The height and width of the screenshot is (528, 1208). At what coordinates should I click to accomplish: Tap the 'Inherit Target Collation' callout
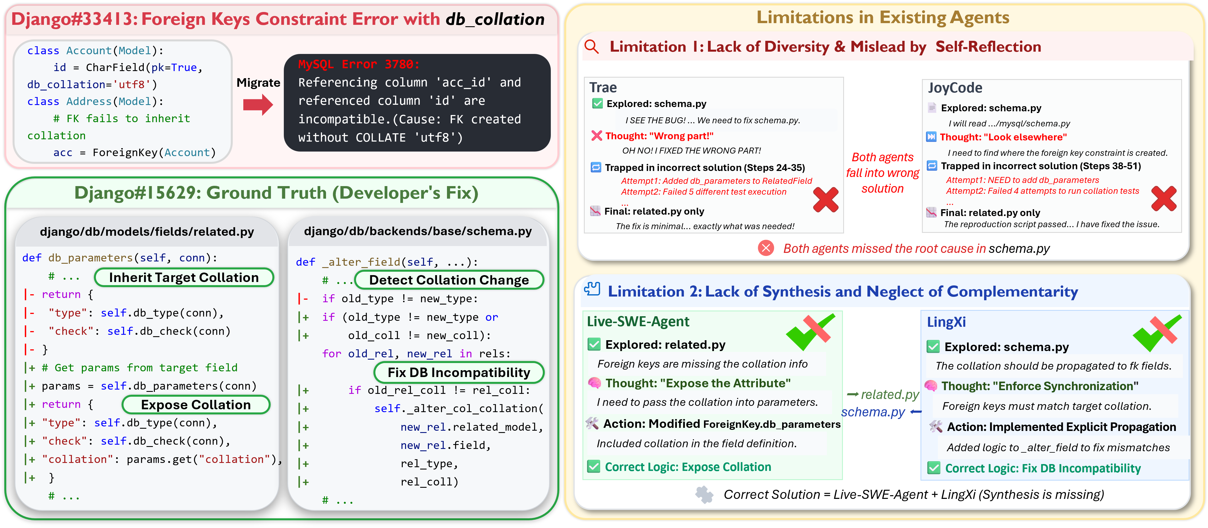(x=184, y=277)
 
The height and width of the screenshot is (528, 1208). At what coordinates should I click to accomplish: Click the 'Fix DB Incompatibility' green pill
(x=459, y=372)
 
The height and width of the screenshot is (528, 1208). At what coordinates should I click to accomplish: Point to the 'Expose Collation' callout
(x=196, y=405)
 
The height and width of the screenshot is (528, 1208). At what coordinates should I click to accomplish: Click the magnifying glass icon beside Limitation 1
(x=592, y=47)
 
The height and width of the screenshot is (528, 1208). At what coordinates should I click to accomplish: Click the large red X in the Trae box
(x=825, y=199)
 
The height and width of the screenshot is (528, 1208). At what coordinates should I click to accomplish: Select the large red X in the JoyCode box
(x=1164, y=199)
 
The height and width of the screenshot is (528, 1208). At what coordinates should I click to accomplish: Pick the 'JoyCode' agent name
(x=955, y=88)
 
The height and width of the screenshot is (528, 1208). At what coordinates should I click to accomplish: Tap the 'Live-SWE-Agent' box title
(x=638, y=321)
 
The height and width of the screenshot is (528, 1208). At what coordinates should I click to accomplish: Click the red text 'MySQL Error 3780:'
(x=359, y=64)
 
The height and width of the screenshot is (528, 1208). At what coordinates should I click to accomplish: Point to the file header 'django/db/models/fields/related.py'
(x=147, y=231)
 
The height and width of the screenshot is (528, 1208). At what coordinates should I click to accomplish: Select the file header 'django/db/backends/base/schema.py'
(x=418, y=231)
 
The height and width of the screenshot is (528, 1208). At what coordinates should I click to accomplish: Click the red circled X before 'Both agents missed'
(x=766, y=248)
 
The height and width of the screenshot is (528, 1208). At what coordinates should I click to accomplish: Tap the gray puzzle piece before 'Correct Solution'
(x=704, y=494)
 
